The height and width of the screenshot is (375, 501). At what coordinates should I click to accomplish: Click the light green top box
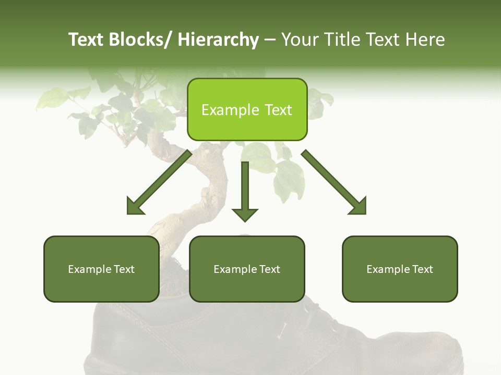pos(247,109)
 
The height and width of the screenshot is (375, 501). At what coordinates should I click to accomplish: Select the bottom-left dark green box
pos(101,269)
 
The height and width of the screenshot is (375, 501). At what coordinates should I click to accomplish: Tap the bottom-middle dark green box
pos(247,269)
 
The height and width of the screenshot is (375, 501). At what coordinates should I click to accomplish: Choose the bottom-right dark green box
pos(400,269)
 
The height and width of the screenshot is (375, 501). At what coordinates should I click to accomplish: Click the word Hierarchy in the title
pos(218,40)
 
